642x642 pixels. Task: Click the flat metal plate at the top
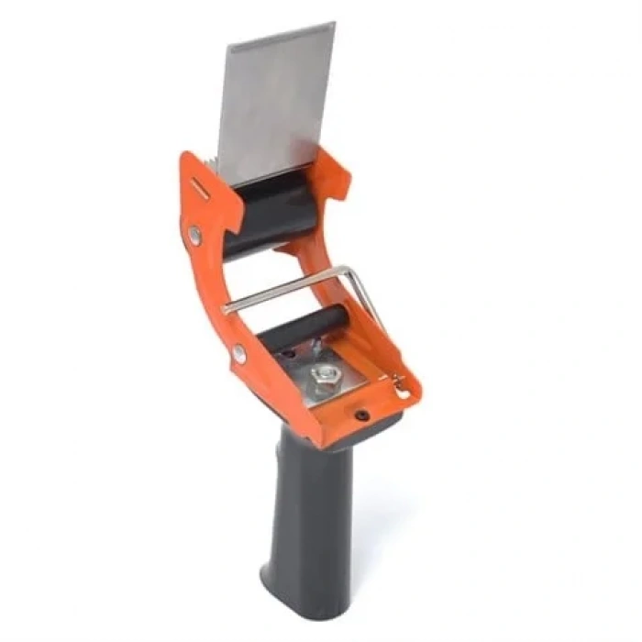tap(275, 96)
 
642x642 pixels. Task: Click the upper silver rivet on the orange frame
tap(194, 236)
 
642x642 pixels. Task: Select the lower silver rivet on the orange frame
tap(239, 352)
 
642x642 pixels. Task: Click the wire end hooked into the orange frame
tap(400, 390)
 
